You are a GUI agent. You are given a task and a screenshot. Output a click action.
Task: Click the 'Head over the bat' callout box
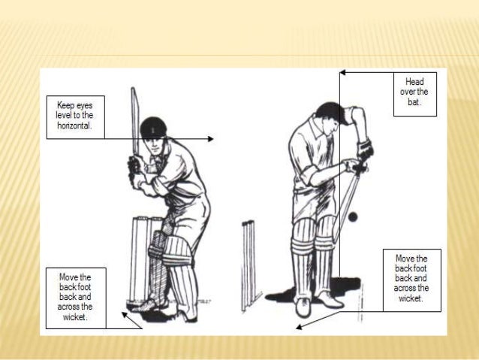414,93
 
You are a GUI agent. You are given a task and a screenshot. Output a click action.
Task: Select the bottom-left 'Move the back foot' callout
76,297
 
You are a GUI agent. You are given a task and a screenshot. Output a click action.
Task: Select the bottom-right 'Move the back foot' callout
411,279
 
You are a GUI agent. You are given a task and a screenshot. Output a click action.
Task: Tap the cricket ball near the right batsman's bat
352,216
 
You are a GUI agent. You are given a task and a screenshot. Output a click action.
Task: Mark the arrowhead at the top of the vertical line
342,73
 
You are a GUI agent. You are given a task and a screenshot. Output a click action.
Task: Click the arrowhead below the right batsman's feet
300,326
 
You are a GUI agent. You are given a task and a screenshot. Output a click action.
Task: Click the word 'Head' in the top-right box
414,80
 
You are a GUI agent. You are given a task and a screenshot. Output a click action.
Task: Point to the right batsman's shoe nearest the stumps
303,307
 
